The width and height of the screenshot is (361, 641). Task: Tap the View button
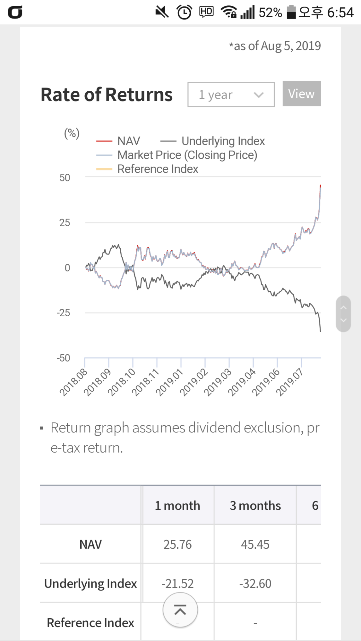click(x=301, y=94)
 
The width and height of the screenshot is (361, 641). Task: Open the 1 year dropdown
click(x=231, y=95)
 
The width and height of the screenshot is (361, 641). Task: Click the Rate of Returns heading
click(x=107, y=95)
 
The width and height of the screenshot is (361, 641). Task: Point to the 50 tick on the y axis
click(x=64, y=178)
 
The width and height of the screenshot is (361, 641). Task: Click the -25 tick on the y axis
click(x=64, y=313)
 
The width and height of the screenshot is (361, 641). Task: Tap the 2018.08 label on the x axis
click(x=73, y=382)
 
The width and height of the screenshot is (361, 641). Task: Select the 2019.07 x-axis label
click(x=289, y=382)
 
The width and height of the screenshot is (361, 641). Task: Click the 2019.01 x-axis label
click(x=169, y=382)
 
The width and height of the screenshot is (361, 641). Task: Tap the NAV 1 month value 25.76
click(x=177, y=544)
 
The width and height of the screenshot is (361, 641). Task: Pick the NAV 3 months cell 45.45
click(x=255, y=544)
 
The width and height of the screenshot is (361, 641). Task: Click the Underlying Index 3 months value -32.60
click(x=255, y=584)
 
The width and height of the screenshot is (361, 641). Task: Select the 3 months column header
click(x=255, y=505)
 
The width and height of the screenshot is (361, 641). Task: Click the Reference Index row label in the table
click(x=90, y=623)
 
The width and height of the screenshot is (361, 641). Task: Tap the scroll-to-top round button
click(x=180, y=610)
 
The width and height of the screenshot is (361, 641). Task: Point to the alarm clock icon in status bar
click(x=184, y=12)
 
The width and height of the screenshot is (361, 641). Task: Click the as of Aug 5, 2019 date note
click(x=275, y=46)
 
